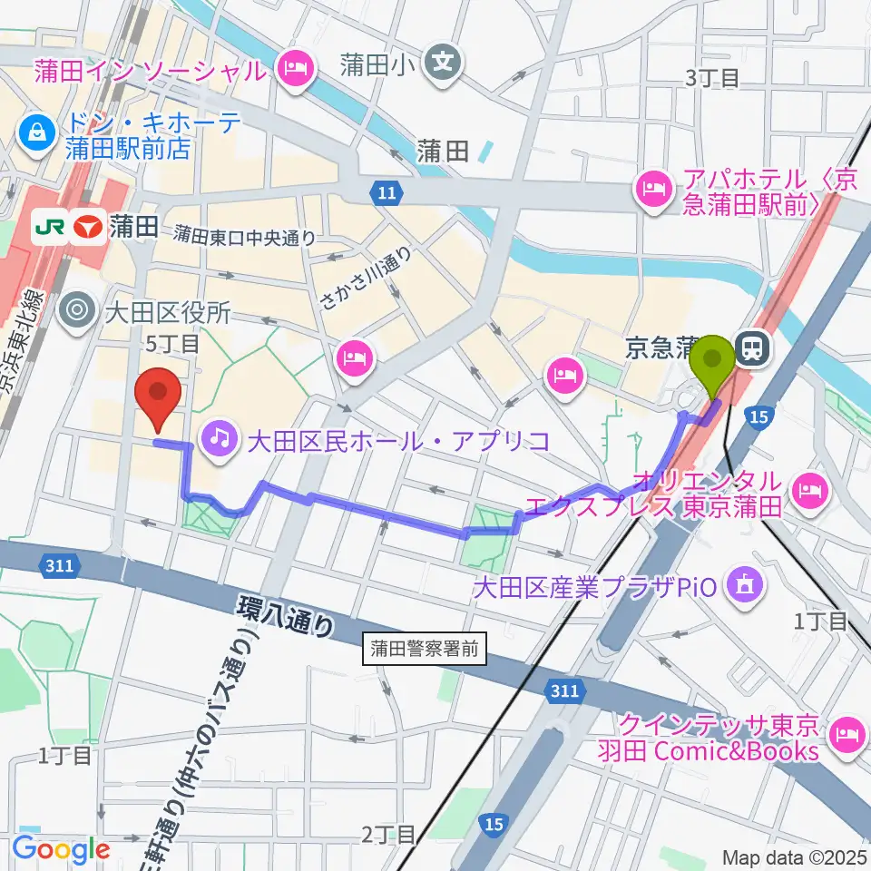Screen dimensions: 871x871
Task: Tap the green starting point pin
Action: point(714,363)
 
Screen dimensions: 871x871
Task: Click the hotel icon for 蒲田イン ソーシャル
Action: point(296,69)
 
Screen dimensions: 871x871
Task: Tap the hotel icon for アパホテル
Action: point(652,191)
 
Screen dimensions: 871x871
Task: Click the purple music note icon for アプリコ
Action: point(219,440)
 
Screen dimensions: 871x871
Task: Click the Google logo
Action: point(61,849)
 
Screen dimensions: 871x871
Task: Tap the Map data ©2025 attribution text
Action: point(795,856)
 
